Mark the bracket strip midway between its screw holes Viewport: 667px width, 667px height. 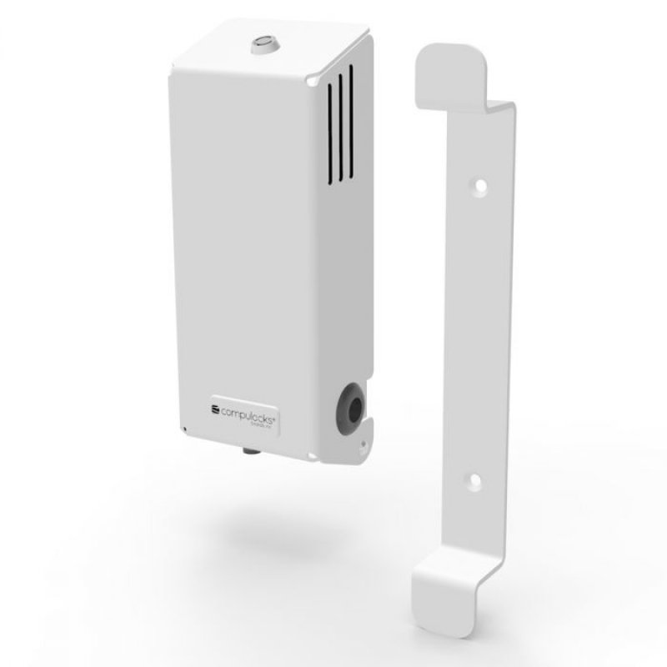(477, 333)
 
